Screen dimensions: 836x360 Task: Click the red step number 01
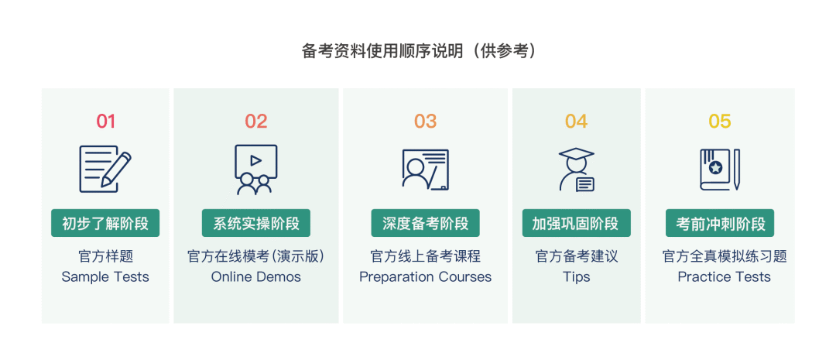[105, 122]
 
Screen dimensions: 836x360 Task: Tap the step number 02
[256, 122]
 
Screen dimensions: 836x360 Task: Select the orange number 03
[426, 122]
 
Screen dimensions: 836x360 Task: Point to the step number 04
[577, 122]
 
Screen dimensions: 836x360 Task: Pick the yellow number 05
[720, 122]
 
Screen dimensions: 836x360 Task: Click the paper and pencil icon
[105, 169]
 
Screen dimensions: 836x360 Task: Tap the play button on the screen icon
[256, 160]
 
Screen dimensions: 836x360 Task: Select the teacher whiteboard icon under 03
[426, 169]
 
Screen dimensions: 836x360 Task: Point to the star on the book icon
[715, 167]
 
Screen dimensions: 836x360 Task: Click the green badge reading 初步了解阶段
[105, 223]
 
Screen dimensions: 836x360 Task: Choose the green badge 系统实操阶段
[256, 223]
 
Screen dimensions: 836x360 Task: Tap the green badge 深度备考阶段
[426, 223]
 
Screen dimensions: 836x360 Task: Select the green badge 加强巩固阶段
[577, 223]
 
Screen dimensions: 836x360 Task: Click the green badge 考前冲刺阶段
[720, 223]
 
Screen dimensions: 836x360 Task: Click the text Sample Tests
[105, 277]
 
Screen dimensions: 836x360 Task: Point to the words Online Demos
[256, 277]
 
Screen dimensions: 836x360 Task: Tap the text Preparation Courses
[426, 277]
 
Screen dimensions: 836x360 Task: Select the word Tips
[577, 277]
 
